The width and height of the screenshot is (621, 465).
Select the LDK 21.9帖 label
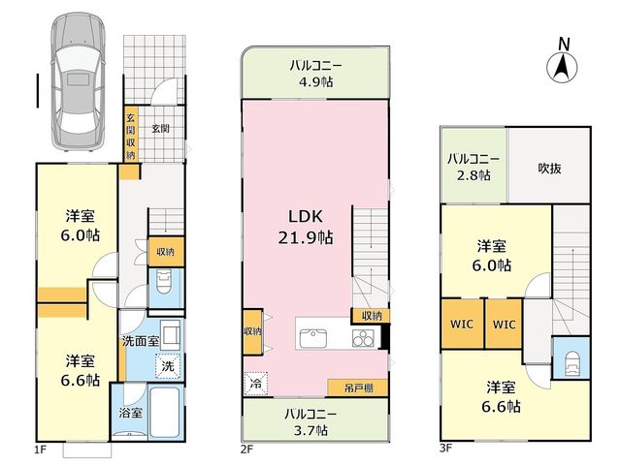[x=306, y=228]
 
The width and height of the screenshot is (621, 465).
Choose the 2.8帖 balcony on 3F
[x=474, y=165]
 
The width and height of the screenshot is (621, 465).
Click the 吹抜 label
[x=549, y=169]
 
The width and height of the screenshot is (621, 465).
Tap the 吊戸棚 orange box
[x=358, y=387]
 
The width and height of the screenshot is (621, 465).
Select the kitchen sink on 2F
[x=312, y=338]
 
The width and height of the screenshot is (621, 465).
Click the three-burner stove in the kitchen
[x=363, y=338]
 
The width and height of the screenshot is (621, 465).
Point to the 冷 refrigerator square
[x=256, y=384]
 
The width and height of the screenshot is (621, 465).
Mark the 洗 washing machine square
[x=168, y=366]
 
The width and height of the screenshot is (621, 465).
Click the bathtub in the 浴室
[x=165, y=412]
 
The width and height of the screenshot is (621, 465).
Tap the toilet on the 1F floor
[x=164, y=282]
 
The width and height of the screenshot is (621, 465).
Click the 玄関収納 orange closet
[x=131, y=134]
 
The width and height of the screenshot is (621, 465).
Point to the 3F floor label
[x=445, y=448]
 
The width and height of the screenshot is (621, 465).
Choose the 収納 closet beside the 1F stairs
[x=166, y=252]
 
